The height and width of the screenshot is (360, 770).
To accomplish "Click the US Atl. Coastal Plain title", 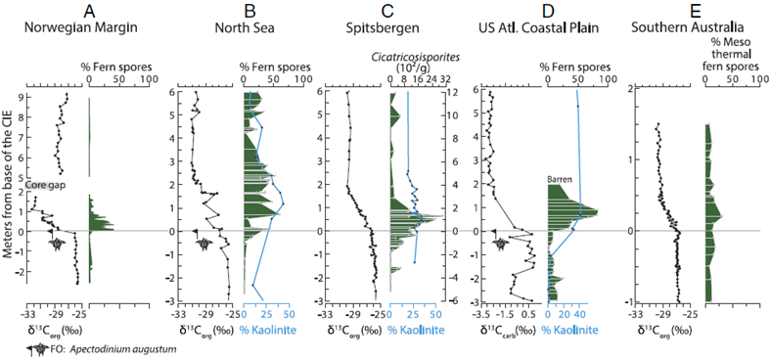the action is (x=538, y=27).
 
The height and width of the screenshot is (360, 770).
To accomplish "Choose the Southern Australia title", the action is (x=694, y=27).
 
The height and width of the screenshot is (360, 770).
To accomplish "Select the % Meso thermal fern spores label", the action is (x=732, y=61).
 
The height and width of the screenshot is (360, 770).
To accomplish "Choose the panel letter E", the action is (x=694, y=11).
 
